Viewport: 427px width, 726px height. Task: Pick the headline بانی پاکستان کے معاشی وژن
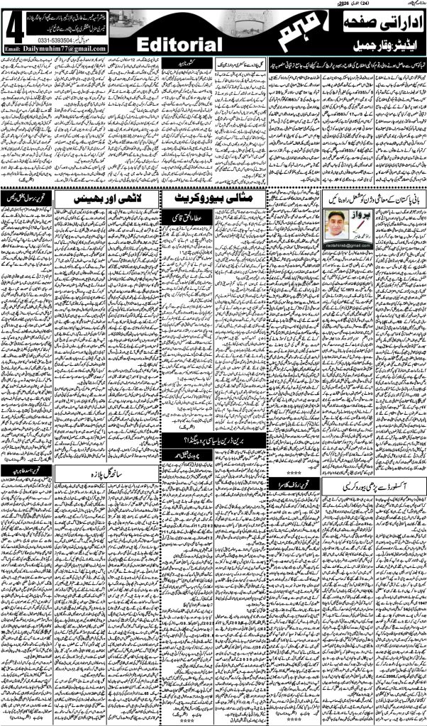(370, 199)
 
